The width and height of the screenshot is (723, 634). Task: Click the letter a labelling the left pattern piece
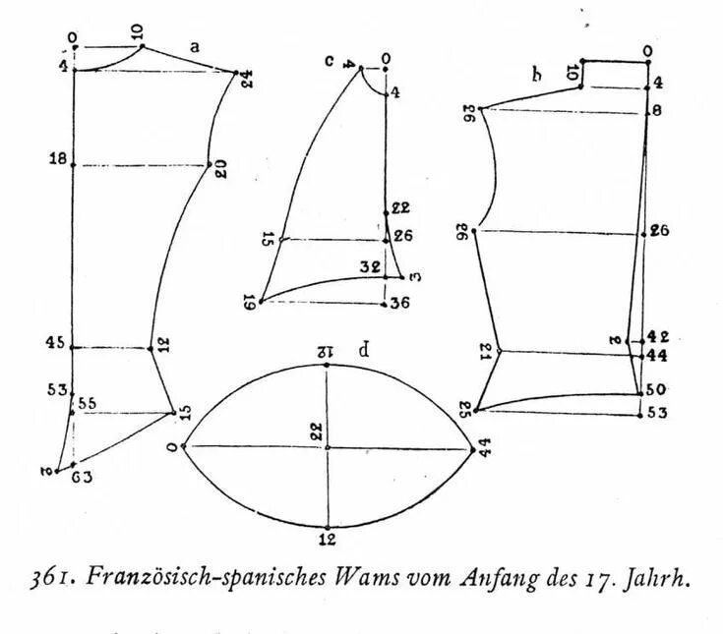click(195, 46)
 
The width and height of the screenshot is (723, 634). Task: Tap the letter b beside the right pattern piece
click(536, 74)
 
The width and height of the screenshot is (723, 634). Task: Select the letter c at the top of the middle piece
click(331, 61)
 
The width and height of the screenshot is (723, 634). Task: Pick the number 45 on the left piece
click(56, 343)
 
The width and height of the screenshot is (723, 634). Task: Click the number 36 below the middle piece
click(398, 303)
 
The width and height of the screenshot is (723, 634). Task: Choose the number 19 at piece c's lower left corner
click(249, 303)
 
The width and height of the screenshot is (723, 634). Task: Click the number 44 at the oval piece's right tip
click(485, 448)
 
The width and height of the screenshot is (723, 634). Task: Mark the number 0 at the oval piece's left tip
click(173, 448)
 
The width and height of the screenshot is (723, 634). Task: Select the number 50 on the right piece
click(657, 390)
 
